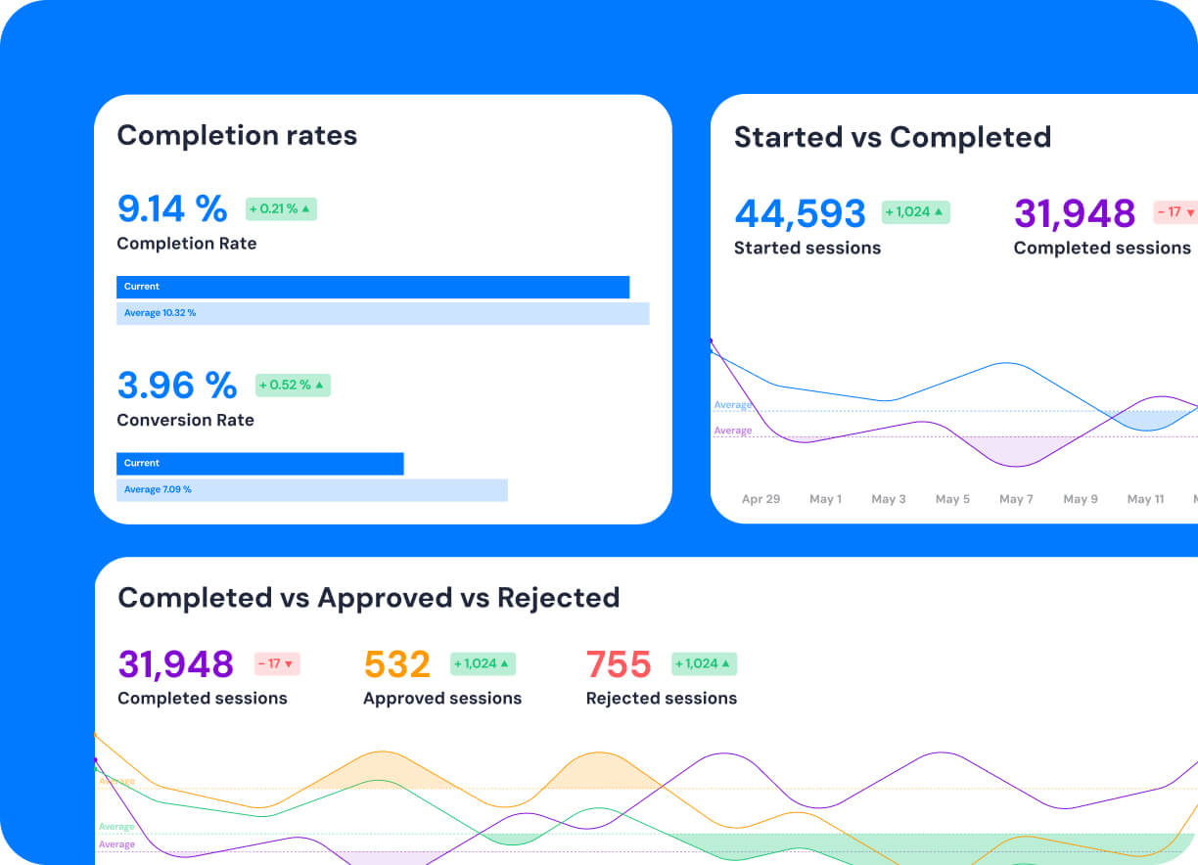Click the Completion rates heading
click(237, 135)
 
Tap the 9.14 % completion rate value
click(172, 208)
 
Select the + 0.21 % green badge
click(280, 208)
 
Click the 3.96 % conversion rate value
click(177, 385)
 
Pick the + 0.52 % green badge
click(293, 385)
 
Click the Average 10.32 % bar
click(383, 313)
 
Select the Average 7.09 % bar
click(311, 489)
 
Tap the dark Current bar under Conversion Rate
click(259, 463)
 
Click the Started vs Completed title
click(892, 137)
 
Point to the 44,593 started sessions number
click(800, 213)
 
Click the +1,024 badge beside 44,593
click(915, 212)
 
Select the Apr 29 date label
click(760, 499)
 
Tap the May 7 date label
click(1016, 499)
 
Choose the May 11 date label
click(1145, 499)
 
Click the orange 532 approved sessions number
click(397, 664)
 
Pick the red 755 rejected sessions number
click(619, 664)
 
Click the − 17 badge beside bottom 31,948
click(276, 663)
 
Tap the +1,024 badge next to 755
click(704, 663)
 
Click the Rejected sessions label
click(661, 699)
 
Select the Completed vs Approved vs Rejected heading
click(368, 598)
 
